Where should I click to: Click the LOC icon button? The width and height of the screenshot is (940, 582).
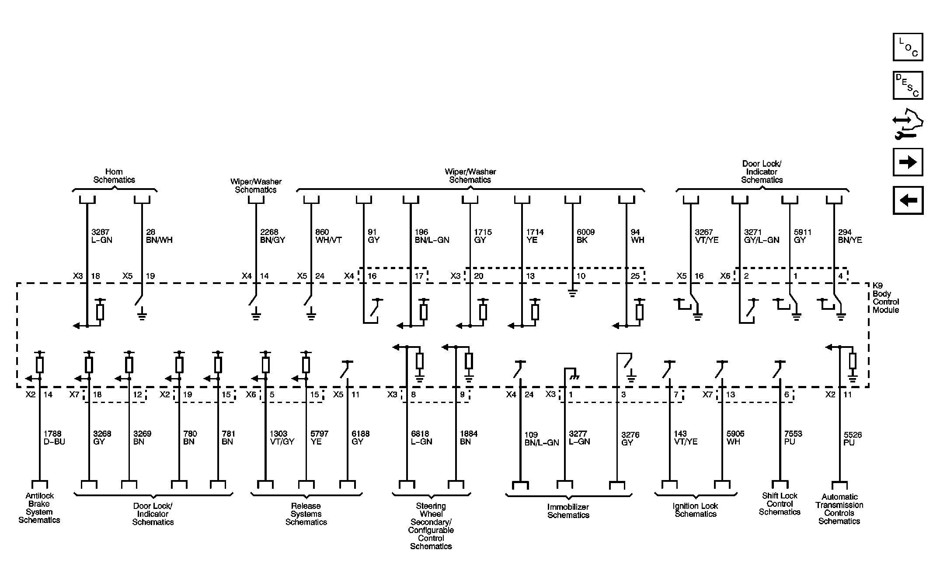click(908, 47)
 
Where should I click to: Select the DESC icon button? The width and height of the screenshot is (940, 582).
click(908, 85)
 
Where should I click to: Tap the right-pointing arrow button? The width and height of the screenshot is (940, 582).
click(908, 162)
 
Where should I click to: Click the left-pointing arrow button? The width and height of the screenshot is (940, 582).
click(908, 200)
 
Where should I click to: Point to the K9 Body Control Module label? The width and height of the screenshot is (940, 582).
click(885, 298)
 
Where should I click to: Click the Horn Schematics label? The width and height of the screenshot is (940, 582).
click(114, 176)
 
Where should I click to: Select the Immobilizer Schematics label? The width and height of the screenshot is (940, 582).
click(568, 511)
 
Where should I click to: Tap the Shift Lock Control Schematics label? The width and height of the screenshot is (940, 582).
click(780, 504)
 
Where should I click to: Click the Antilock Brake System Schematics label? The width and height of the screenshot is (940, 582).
click(39, 508)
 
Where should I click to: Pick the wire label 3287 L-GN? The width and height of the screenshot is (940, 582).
click(101, 236)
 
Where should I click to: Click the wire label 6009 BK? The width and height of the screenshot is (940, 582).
click(585, 236)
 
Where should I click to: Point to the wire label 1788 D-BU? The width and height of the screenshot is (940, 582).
click(54, 438)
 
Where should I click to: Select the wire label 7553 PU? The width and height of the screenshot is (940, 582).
click(793, 438)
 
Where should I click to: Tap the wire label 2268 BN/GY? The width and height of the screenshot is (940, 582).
click(272, 236)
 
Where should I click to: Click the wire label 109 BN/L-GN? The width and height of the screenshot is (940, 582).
click(541, 439)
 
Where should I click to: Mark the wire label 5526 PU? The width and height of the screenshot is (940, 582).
click(853, 439)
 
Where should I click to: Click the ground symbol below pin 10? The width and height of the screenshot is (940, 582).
click(572, 293)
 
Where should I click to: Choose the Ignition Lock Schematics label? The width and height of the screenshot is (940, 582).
click(695, 510)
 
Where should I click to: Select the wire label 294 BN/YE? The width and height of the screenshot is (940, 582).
click(850, 236)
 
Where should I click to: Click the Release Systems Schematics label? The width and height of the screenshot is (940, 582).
click(306, 514)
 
